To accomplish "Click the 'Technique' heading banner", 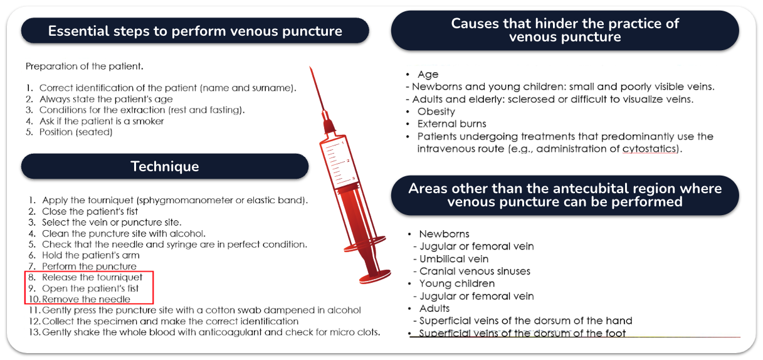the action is (165, 166).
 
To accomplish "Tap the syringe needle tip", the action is (310, 67).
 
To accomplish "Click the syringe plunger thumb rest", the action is (375, 277).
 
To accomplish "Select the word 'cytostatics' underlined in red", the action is (650, 149).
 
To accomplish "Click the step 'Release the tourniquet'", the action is (92, 277).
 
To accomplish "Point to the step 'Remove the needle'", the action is (86, 299).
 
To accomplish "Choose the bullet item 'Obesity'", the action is (436, 112).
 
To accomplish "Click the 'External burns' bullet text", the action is (451, 124).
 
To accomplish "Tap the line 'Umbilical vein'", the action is (454, 259).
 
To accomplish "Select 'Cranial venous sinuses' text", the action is (475, 271).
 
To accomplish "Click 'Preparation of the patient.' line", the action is (85, 66).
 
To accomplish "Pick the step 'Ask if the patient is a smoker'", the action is (102, 121).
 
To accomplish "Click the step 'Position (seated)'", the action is (76, 132).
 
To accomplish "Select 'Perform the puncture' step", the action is (89, 267).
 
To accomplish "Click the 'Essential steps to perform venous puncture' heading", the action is (195, 31).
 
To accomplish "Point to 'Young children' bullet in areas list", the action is (457, 283).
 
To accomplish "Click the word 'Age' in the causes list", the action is (428, 74).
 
